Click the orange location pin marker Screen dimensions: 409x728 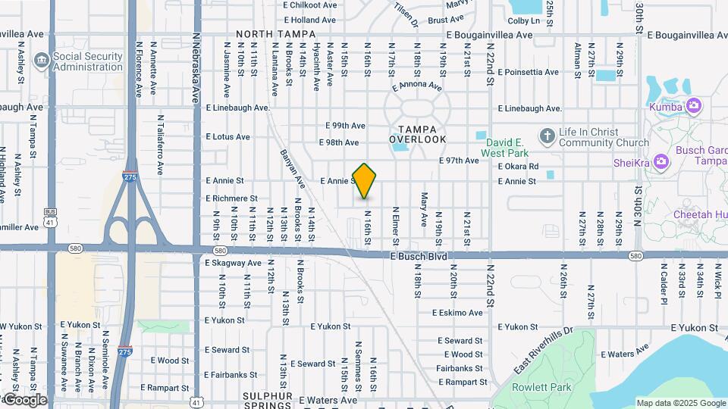click(365, 180)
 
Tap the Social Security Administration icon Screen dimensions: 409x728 click(42, 58)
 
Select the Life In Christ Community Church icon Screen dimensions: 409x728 click(547, 136)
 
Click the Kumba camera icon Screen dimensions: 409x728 click(693, 107)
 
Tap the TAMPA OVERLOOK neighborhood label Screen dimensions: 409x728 click(417, 134)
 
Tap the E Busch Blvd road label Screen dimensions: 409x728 click(418, 257)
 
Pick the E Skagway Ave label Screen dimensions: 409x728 click(233, 263)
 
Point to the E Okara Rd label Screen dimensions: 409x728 click(519, 167)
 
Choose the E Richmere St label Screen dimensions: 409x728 click(232, 198)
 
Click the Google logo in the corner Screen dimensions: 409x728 click(24, 400)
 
